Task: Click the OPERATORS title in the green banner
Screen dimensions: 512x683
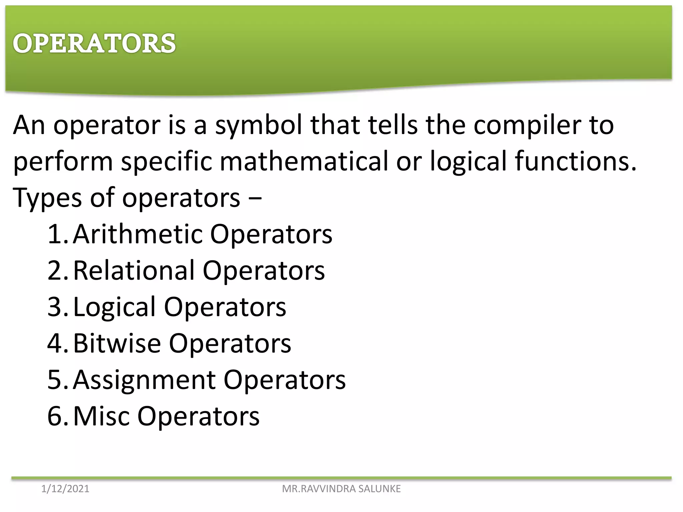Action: [x=94, y=43]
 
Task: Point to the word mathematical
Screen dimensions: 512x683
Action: [x=304, y=161]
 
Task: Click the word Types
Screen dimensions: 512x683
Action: [x=47, y=198]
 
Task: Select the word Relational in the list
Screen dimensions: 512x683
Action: [x=134, y=270]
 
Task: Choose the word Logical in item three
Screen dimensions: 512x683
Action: [x=114, y=307]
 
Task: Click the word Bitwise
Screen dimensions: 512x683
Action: [x=117, y=343]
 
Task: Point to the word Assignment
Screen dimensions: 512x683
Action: [x=144, y=380]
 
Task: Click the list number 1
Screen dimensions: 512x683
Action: [x=55, y=234]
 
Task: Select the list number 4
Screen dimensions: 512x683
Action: [x=55, y=343]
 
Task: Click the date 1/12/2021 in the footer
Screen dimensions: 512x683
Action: [x=65, y=489]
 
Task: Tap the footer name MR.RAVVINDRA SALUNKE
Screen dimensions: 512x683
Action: [x=341, y=489]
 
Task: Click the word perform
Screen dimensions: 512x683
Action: [x=63, y=161]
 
